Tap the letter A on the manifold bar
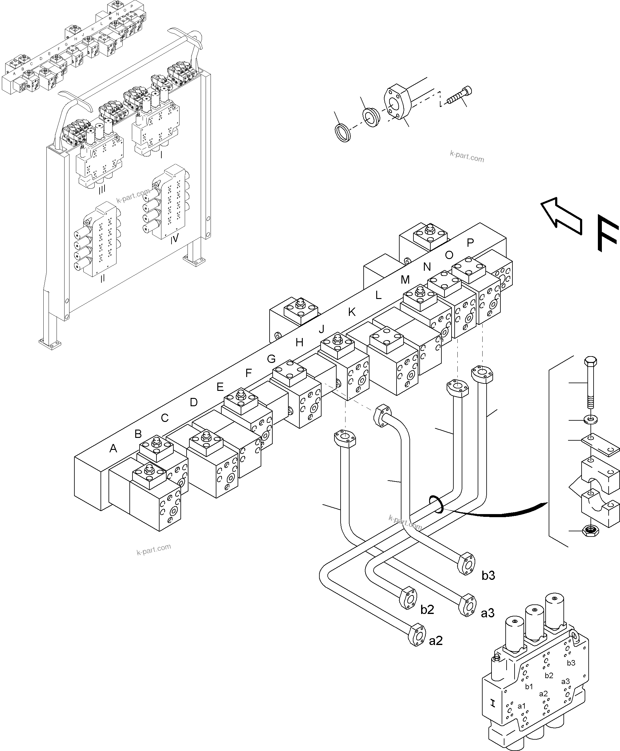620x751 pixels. click(113, 448)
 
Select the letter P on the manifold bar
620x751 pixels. click(470, 243)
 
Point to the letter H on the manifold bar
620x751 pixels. click(299, 343)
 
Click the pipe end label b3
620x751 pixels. click(488, 575)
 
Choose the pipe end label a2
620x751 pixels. click(436, 641)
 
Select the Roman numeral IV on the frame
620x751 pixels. click(174, 239)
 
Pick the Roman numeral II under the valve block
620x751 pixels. click(102, 278)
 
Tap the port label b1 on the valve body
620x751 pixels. click(529, 687)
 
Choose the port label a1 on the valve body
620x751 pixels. click(522, 706)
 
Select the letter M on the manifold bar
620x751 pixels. click(405, 280)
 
